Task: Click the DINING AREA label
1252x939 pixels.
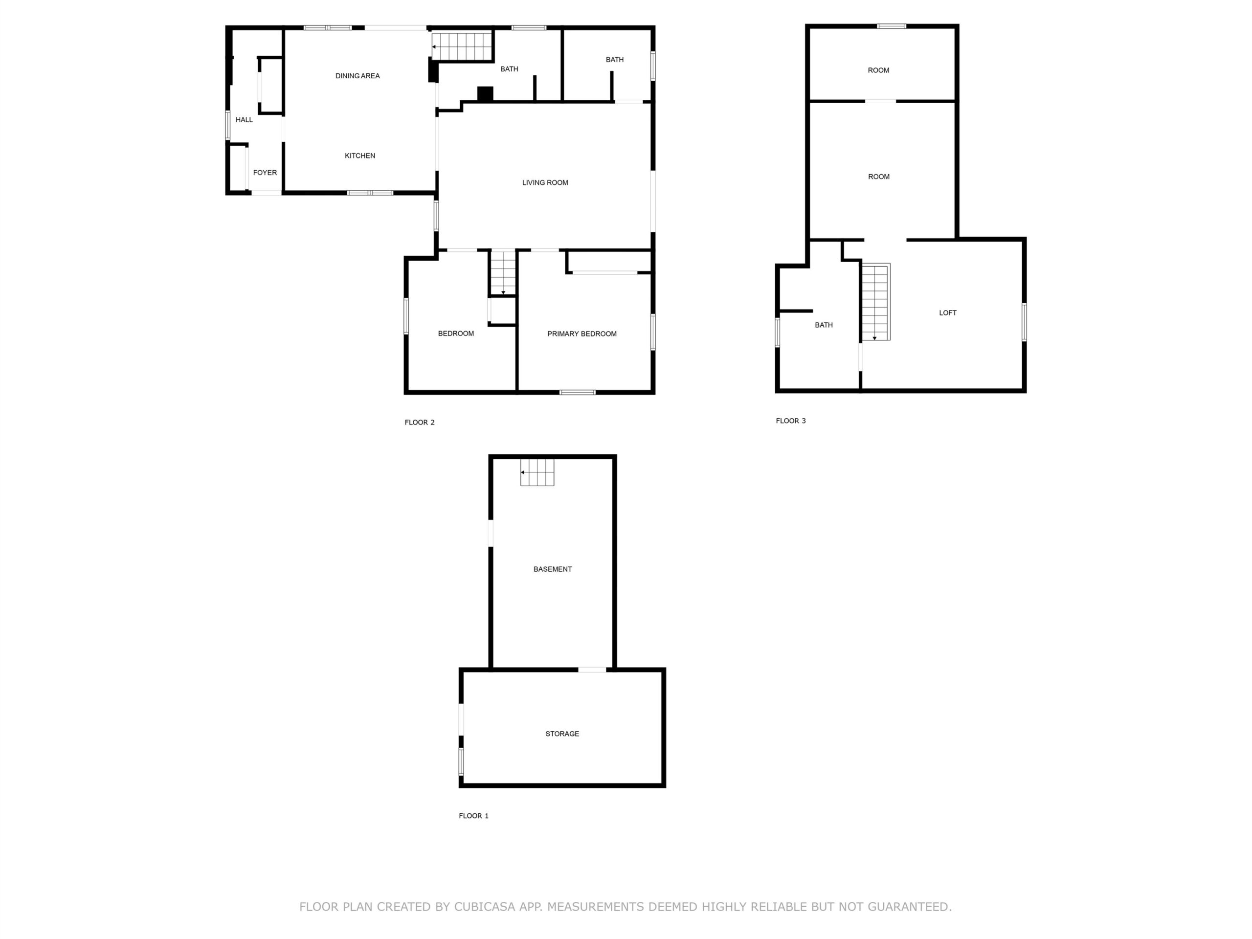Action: [x=357, y=76]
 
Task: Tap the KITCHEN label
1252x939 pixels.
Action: [x=360, y=156]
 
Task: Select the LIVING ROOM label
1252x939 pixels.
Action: [x=545, y=182]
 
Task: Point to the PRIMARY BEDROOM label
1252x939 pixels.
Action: [x=582, y=334]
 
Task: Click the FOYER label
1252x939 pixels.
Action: [x=265, y=173]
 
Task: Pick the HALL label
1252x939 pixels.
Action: [x=244, y=119]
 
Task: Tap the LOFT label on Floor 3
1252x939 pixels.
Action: [x=947, y=313]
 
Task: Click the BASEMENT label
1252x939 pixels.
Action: [x=553, y=569]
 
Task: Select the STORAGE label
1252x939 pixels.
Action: [x=562, y=734]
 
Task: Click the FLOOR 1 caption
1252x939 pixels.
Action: [x=473, y=816]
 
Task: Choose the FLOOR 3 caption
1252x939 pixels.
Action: [x=791, y=421]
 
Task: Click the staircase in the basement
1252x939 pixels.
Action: [x=537, y=472]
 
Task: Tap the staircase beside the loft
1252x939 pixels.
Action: [x=875, y=302]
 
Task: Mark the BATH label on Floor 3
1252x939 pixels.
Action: [x=824, y=325]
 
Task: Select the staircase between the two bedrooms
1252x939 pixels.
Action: [x=503, y=272]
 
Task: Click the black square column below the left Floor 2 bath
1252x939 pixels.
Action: [x=485, y=93]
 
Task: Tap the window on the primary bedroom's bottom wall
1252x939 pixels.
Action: [x=577, y=392]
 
